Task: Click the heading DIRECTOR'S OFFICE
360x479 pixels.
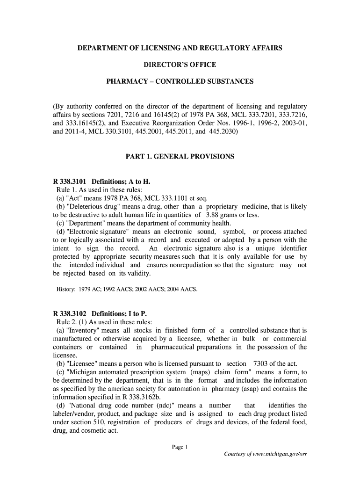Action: (x=180, y=65)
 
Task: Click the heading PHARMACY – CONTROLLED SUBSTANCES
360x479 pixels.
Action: (x=180, y=81)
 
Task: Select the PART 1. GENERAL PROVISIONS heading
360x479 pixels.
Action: (x=180, y=157)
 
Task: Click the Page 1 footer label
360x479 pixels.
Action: (x=180, y=447)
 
